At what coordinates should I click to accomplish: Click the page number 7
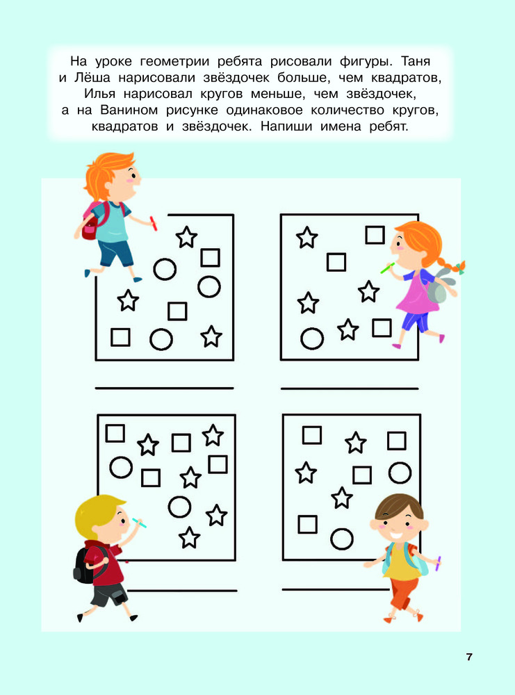tap(469, 657)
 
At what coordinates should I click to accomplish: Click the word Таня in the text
tap(416, 61)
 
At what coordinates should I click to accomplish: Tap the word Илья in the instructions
tap(99, 94)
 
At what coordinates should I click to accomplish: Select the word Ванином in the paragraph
tap(129, 110)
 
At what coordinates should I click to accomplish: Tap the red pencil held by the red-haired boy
tap(154, 223)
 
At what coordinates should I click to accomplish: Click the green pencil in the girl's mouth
tap(387, 268)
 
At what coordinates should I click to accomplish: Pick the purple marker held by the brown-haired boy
tap(438, 563)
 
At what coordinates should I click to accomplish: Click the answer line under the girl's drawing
tap(350, 389)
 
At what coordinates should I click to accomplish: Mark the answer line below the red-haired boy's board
tap(165, 389)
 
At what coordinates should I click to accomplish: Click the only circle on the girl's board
tap(312, 338)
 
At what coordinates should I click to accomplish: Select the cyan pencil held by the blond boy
tap(139, 523)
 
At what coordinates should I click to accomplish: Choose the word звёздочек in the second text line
tap(236, 78)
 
